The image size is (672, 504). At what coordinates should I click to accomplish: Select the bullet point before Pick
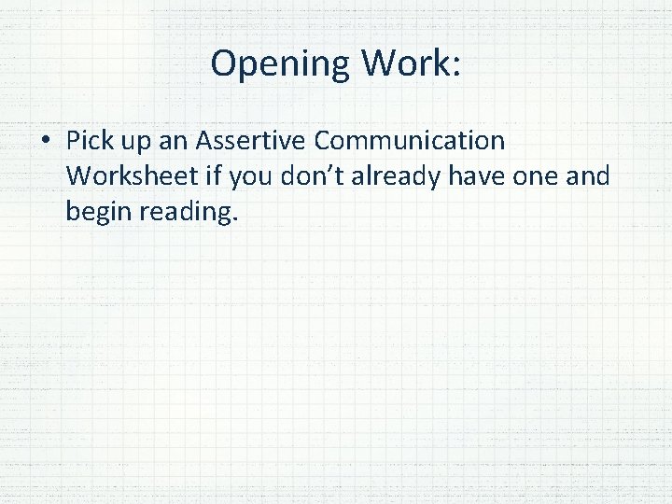pos(45,142)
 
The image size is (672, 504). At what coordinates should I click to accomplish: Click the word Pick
pos(90,142)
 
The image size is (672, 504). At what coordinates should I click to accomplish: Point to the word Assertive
pos(252,141)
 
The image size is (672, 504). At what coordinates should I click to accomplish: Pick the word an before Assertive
pos(177,142)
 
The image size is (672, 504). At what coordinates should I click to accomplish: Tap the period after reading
pos(236,219)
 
